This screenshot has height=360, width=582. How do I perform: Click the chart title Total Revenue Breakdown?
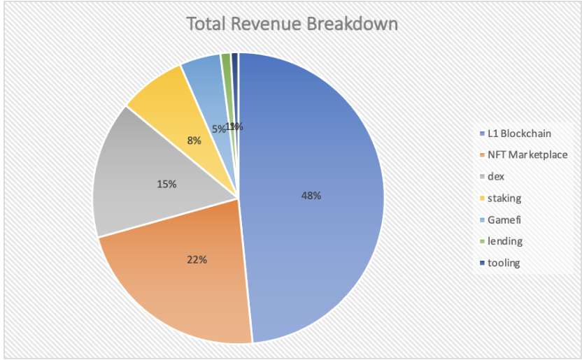[292, 24]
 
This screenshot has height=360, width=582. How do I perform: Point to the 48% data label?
[311, 196]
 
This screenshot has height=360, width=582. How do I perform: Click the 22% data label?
[197, 260]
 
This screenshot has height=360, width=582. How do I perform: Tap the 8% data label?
[194, 141]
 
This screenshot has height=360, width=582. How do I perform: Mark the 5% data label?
[218, 129]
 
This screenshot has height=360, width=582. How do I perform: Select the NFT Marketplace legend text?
[527, 154]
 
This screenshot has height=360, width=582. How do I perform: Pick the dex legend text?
[496, 176]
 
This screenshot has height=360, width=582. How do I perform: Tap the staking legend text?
[504, 198]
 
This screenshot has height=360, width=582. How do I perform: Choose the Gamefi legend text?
[504, 219]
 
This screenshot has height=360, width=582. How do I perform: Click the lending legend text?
[504, 241]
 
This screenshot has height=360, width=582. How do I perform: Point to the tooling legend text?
[504, 263]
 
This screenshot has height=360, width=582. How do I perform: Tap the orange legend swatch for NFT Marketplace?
[482, 155]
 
